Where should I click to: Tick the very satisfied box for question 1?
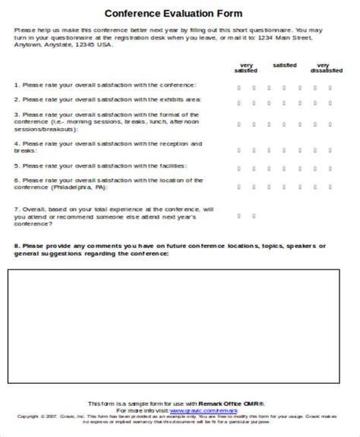coord(239,86)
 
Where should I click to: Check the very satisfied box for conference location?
coord(239,184)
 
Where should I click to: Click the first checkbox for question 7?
coord(239,215)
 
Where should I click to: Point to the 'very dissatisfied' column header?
coord(323,68)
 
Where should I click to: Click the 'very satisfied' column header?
coord(245,68)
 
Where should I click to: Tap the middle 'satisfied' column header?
coord(285,64)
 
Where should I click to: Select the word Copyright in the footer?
coord(28,416)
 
